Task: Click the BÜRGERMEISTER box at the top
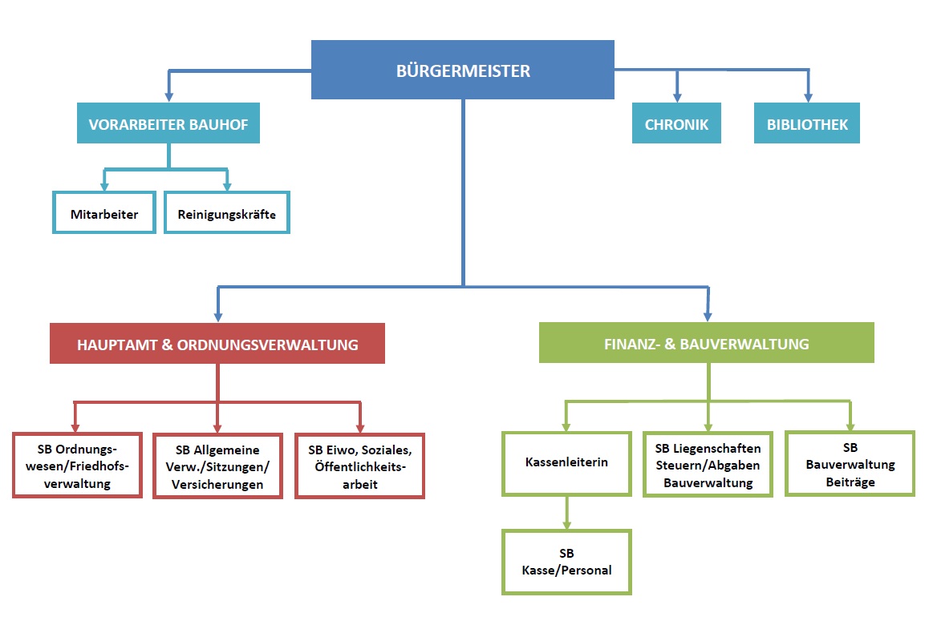(x=463, y=71)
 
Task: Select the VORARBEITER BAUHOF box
(x=168, y=124)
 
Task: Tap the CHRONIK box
(x=676, y=124)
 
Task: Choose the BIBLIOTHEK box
(x=806, y=124)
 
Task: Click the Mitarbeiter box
(x=104, y=213)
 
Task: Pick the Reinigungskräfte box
(x=226, y=213)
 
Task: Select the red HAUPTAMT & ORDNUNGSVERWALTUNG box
(x=217, y=344)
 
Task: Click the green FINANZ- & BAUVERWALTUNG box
(x=706, y=344)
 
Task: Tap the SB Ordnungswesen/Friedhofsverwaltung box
(x=78, y=466)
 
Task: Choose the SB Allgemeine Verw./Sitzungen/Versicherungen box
(x=217, y=466)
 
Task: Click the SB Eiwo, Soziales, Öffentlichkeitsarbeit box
(x=359, y=466)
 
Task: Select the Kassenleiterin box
(x=566, y=463)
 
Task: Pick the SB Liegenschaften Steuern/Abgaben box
(x=708, y=464)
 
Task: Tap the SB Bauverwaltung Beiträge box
(x=850, y=463)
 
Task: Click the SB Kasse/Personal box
(x=566, y=562)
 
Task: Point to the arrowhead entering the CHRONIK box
(x=677, y=96)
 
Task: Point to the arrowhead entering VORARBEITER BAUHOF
(x=169, y=96)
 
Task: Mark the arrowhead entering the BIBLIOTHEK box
(x=808, y=96)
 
